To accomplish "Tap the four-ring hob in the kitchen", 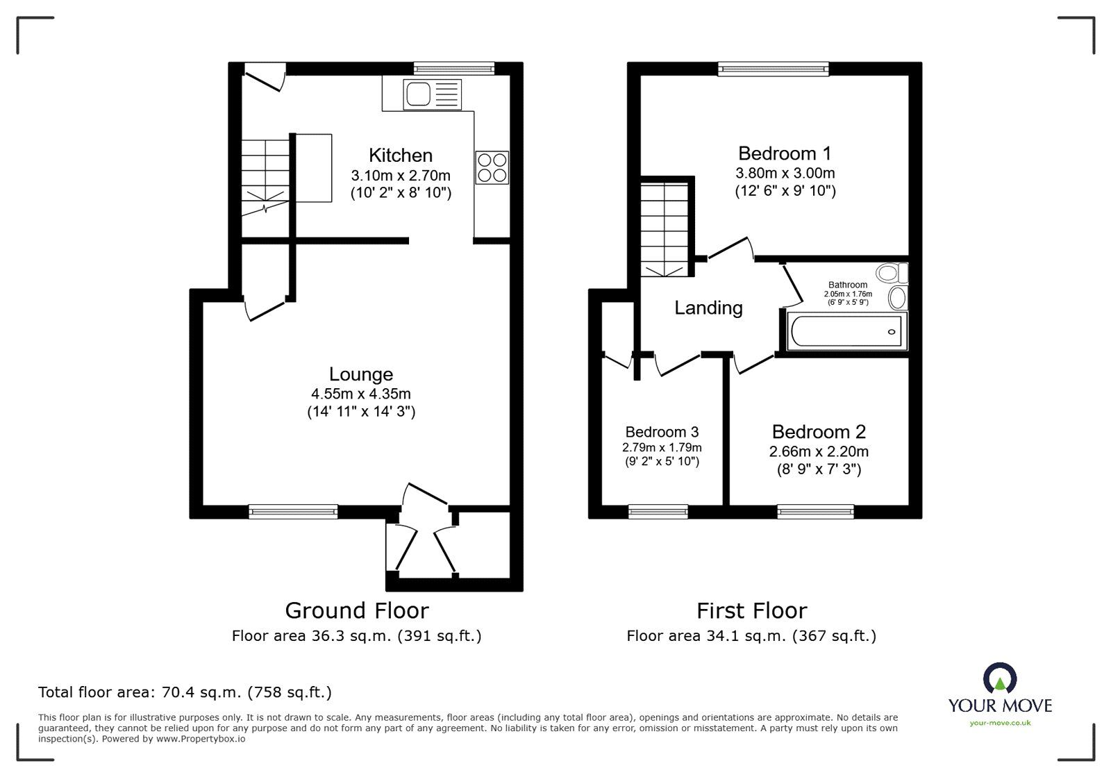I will pyautogui.click(x=492, y=167).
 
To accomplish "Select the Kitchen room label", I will pyautogui.click(x=401, y=155).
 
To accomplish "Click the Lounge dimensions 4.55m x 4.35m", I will pyautogui.click(x=361, y=394).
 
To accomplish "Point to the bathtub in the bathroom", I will pyautogui.click(x=845, y=331).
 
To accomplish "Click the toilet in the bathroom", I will pyautogui.click(x=892, y=272).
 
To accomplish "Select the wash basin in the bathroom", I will pyautogui.click(x=897, y=299).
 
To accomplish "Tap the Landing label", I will pyautogui.click(x=708, y=308).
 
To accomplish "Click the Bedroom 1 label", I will pyautogui.click(x=785, y=153).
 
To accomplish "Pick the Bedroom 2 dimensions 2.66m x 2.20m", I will pyautogui.click(x=819, y=451).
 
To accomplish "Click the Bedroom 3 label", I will pyautogui.click(x=662, y=431).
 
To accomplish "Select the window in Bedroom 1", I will pyautogui.click(x=774, y=68).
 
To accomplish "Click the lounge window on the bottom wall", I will pyautogui.click(x=293, y=512).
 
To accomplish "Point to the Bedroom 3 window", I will pyautogui.click(x=658, y=512).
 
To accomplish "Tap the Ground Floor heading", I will pyautogui.click(x=357, y=610).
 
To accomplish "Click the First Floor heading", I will pyautogui.click(x=752, y=610).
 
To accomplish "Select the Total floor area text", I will pyautogui.click(x=185, y=692).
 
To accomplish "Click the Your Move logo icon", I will pyautogui.click(x=1000, y=679).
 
